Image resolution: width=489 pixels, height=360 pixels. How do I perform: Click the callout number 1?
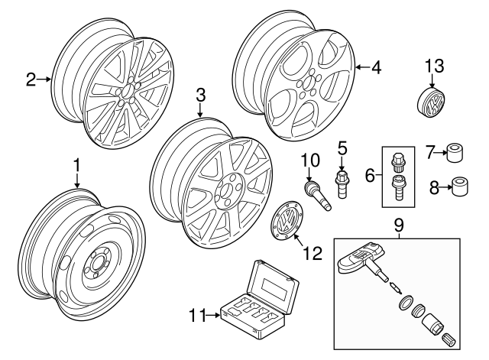point(76,165)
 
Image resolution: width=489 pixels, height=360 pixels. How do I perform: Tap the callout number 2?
point(31,79)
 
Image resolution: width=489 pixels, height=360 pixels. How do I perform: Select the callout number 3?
point(201,96)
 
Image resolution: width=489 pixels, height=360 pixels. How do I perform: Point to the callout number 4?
point(376,67)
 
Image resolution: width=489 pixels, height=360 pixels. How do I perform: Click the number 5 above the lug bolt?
point(342,147)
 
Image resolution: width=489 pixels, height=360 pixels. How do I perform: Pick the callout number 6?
point(370,176)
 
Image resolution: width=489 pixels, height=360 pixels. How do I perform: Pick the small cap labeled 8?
point(459,186)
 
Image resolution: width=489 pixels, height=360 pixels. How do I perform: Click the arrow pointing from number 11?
point(213,313)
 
